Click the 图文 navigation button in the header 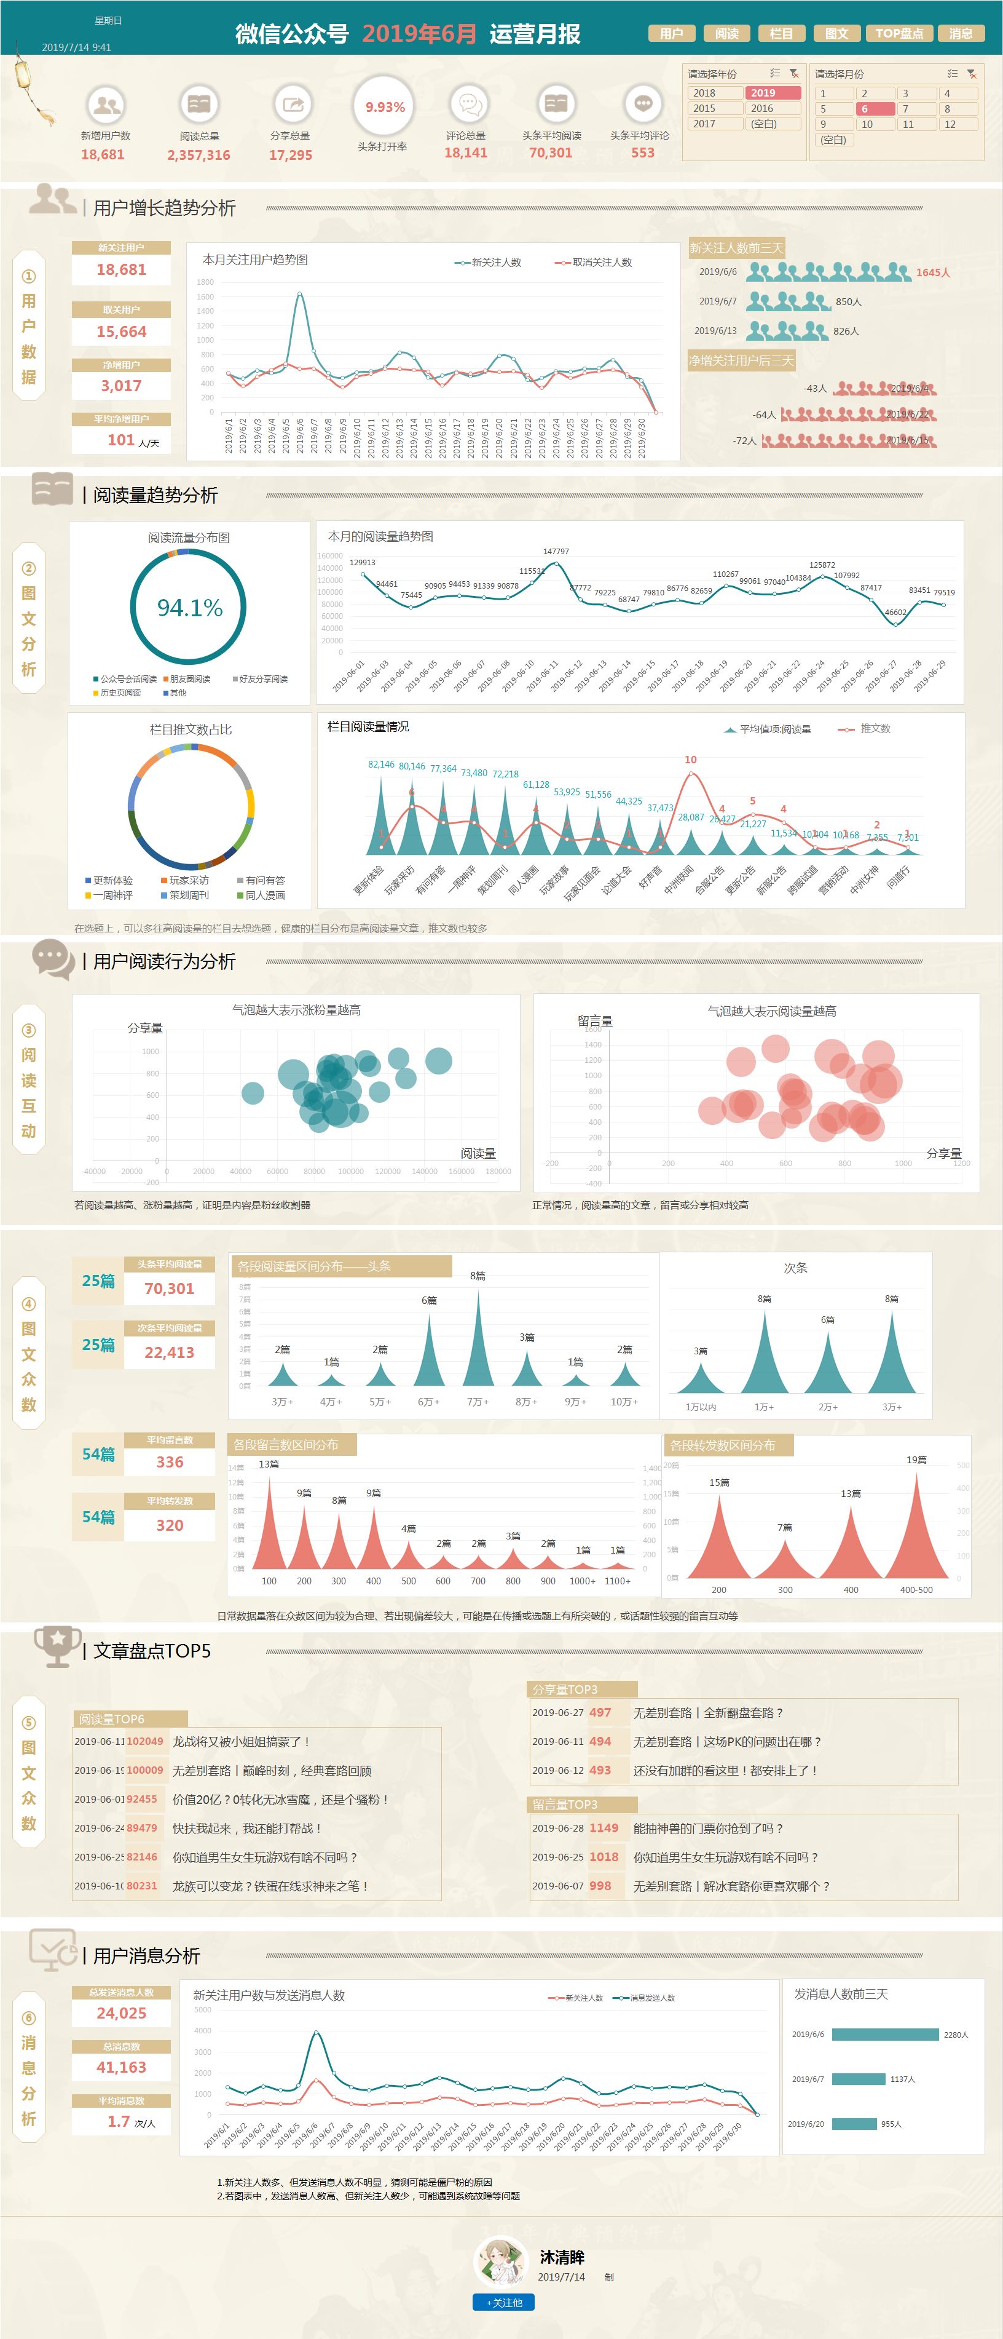(836, 34)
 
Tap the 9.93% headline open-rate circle (385, 107)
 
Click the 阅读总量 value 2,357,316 (199, 155)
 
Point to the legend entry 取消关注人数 (601, 263)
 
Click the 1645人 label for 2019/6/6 (932, 272)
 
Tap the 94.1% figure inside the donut (190, 608)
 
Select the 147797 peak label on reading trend (556, 551)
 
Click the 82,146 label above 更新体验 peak (381, 764)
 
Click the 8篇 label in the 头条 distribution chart (478, 1276)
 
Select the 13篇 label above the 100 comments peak (269, 1464)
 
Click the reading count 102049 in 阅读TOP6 (144, 1742)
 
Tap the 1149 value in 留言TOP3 (604, 1828)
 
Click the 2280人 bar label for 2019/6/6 (955, 2035)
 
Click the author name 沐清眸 (562, 2257)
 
